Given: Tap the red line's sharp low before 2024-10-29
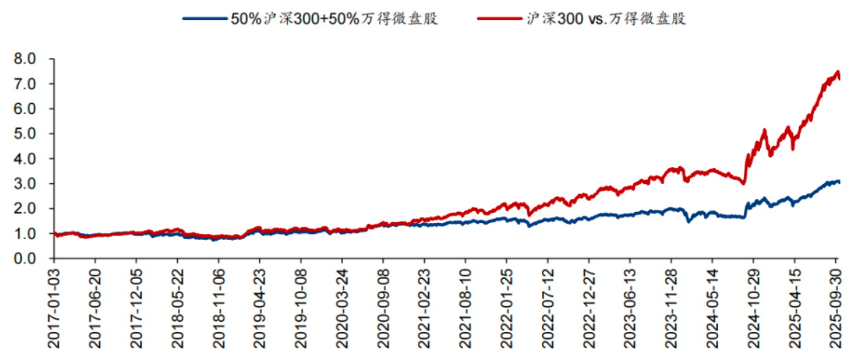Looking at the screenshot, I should (744, 183).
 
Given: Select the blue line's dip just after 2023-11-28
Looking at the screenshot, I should (689, 221).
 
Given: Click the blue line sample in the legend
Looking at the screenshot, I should (205, 19).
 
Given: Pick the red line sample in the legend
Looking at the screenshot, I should (500, 19).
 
